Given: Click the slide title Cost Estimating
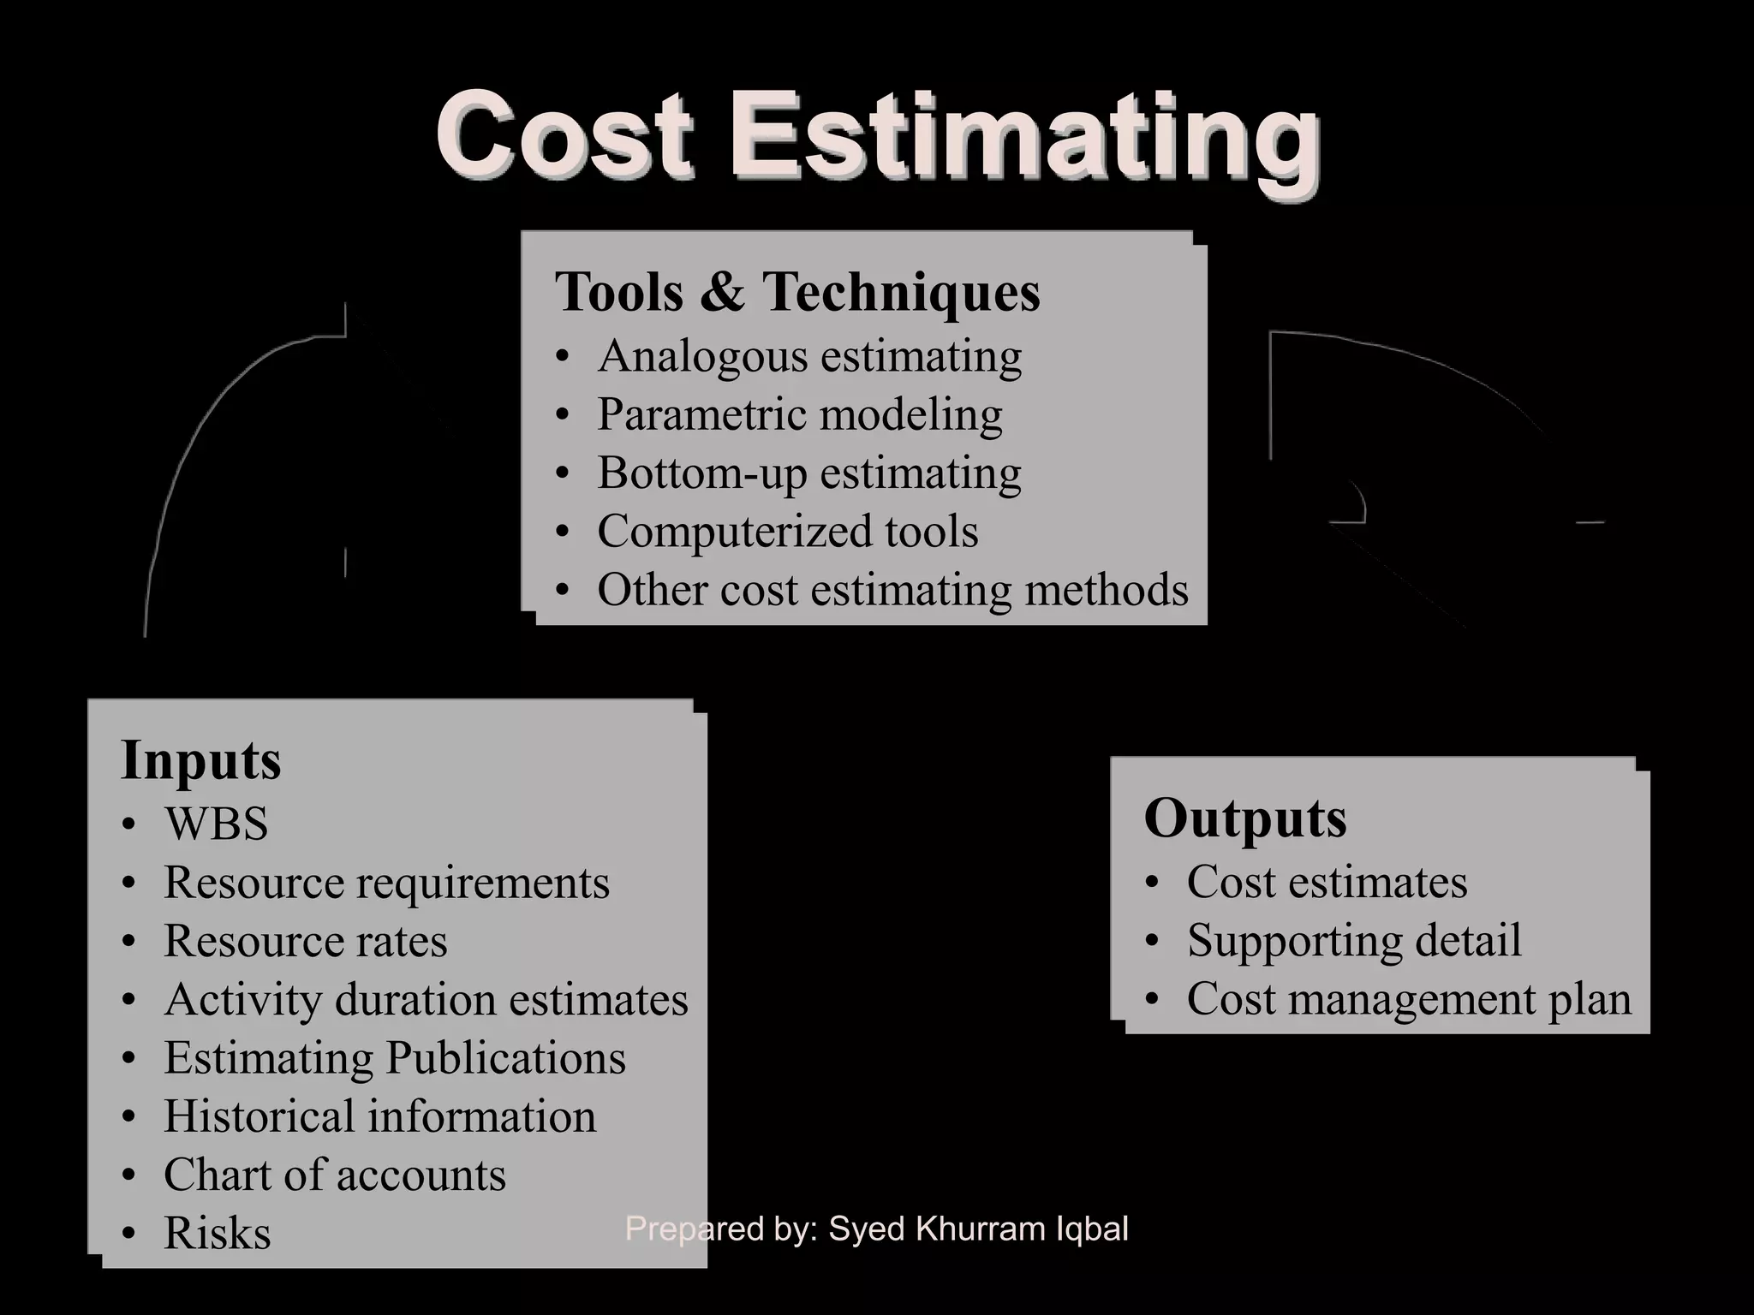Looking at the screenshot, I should click(877, 137).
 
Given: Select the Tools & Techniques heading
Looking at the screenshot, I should click(797, 291).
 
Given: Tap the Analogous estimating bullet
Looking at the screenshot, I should click(809, 355).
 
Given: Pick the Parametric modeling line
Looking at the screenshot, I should click(800, 414).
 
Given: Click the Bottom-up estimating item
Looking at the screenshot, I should click(809, 473).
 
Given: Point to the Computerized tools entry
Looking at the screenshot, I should click(788, 531).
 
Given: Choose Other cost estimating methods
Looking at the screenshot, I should click(892, 589).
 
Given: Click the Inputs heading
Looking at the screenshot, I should click(201, 759).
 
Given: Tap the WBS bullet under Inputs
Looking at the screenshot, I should click(216, 824).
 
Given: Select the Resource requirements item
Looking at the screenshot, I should click(386, 882).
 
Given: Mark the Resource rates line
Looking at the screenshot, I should click(305, 940).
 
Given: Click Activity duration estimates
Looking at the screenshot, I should click(426, 999).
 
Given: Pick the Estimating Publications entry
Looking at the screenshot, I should click(395, 1057).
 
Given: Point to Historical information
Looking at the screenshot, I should click(379, 1116).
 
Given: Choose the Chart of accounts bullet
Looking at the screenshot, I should click(335, 1175).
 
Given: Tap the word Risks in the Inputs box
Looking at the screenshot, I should click(218, 1233).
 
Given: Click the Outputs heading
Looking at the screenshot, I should click(1245, 818).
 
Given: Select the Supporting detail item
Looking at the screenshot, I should click(1354, 940).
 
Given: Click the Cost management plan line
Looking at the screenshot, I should click(1409, 998).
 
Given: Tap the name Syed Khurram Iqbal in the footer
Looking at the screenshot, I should click(978, 1229).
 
